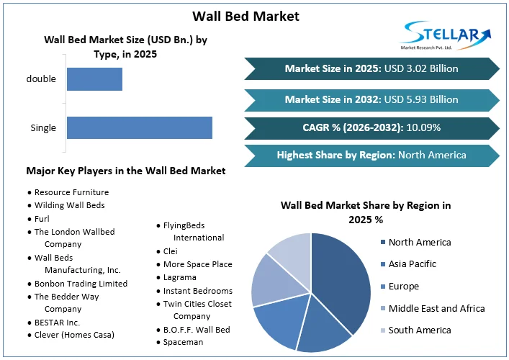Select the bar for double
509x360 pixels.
[x=94, y=79]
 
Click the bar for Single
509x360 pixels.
[x=140, y=127]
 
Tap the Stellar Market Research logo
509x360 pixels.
[x=446, y=34]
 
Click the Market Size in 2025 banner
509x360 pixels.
[x=371, y=69]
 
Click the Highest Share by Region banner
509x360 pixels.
[x=371, y=155]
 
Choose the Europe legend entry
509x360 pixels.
[x=403, y=287]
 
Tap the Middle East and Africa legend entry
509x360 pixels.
[x=436, y=308]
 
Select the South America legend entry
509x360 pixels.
[x=420, y=330]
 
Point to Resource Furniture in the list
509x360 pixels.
[x=71, y=192]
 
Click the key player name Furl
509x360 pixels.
[x=42, y=218]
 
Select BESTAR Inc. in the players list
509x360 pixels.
[x=57, y=322]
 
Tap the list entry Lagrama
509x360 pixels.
[x=180, y=277]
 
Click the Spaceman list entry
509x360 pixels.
[x=183, y=342]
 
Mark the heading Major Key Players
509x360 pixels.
[x=126, y=171]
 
